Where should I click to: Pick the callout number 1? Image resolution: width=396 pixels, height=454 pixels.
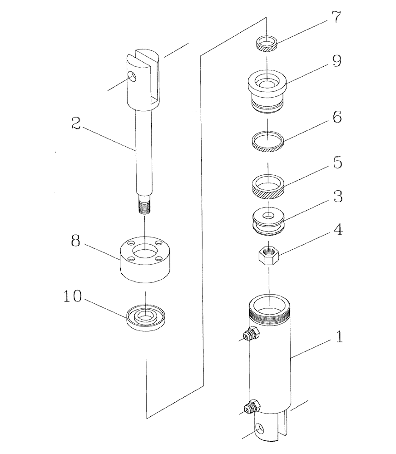338,337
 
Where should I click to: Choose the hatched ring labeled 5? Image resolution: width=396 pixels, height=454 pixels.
268,188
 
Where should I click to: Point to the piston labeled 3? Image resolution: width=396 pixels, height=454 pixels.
267,221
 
